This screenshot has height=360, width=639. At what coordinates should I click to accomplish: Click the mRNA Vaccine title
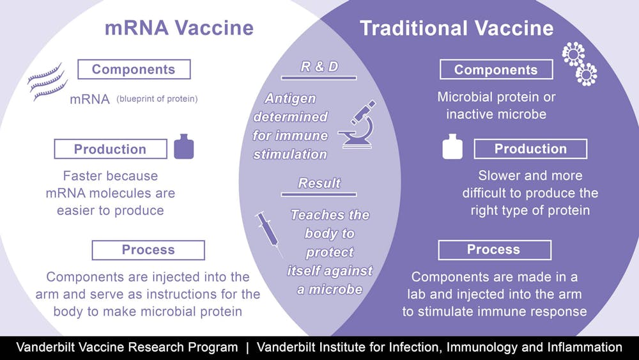(179, 27)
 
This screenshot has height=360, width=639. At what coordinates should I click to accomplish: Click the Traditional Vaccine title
(456, 28)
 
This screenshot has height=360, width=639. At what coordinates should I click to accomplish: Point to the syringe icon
(268, 234)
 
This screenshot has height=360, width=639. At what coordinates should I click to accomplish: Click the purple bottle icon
(184, 146)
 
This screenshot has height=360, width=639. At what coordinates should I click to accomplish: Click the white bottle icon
(452, 146)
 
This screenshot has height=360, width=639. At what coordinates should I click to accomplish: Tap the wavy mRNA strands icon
(47, 82)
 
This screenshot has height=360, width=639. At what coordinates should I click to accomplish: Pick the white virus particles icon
(580, 63)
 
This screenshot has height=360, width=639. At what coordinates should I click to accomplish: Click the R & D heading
(319, 67)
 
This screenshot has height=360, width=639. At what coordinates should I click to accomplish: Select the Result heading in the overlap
(319, 183)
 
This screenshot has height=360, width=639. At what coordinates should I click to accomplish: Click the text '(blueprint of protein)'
(157, 98)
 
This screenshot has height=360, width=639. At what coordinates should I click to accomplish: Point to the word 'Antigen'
(290, 98)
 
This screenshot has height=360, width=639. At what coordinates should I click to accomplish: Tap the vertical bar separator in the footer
(247, 348)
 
